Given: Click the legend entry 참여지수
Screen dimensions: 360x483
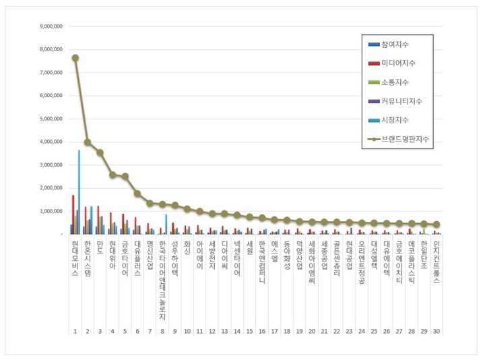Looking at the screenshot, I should (x=394, y=44).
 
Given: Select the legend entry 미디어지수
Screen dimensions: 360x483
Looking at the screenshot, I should (x=397, y=63).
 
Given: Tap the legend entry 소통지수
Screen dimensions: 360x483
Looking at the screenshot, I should (x=394, y=82).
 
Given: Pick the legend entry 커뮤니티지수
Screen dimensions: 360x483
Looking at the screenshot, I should (x=401, y=101).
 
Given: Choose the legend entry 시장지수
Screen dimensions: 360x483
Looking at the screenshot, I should (x=394, y=120).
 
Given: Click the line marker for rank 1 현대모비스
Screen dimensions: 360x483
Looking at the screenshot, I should (x=75, y=58).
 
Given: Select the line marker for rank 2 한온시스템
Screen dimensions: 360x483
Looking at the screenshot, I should (x=88, y=142).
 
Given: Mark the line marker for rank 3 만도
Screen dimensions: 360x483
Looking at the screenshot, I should (x=100, y=152).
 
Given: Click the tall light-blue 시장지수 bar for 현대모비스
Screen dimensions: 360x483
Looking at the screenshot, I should (x=79, y=192).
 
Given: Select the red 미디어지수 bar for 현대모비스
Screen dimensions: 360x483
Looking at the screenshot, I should (x=73, y=214).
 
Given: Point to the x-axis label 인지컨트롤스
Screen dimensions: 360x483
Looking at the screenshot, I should (x=436, y=260).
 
